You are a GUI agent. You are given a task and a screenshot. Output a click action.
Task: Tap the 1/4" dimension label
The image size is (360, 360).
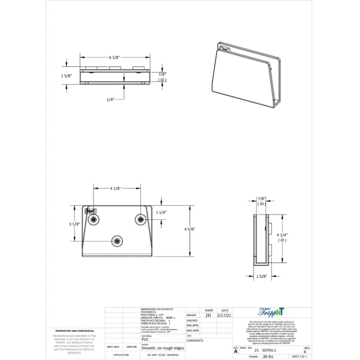111,99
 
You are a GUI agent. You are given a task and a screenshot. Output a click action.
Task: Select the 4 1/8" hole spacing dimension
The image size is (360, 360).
115,188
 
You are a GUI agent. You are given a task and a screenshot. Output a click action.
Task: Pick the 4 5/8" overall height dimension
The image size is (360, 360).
189,229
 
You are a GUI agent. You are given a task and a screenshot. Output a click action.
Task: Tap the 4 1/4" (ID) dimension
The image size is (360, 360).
282,237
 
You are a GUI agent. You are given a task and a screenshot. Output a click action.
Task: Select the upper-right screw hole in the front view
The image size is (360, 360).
141,219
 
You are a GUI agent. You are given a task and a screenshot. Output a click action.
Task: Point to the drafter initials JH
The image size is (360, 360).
208,315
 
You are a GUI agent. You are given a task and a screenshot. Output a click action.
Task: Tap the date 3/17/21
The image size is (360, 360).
225,315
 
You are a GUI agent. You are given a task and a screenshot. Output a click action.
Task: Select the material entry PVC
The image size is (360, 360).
145,340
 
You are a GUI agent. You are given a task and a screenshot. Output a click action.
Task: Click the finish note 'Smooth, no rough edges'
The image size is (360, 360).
163,348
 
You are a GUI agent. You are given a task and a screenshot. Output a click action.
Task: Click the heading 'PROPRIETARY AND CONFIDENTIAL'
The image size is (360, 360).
75,331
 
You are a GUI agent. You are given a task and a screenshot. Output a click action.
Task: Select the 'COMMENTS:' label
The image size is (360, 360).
195,340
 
